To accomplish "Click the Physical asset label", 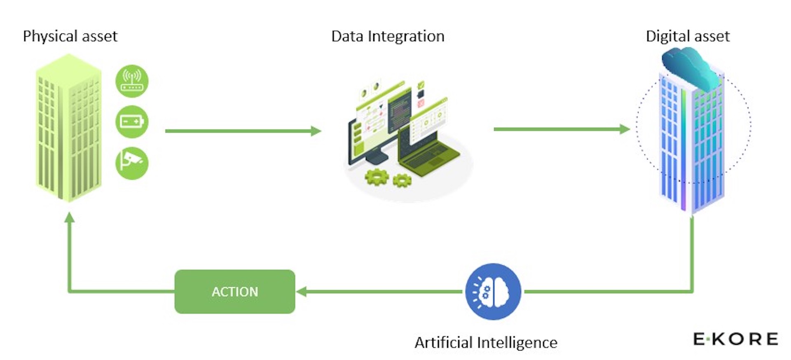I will (x=70, y=36).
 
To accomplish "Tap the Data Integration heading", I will (x=388, y=36).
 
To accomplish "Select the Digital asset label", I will (x=688, y=36).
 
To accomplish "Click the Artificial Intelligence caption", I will (x=486, y=342).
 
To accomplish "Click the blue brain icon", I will (x=493, y=292).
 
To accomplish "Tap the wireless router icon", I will (x=132, y=81).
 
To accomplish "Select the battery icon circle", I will (x=132, y=122).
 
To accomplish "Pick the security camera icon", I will (x=132, y=163).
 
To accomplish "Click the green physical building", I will (x=68, y=128).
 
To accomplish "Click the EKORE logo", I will (x=736, y=339).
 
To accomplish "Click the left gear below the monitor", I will (x=377, y=177).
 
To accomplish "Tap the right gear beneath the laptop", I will (x=402, y=180).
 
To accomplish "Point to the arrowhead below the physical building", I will (x=70, y=217).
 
